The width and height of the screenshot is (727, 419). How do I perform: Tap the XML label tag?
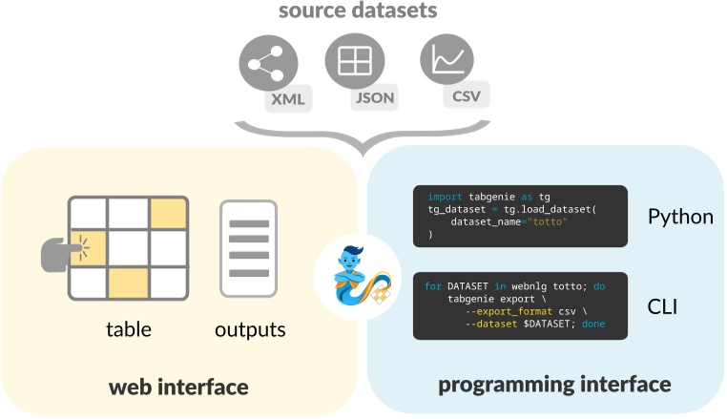click(288, 99)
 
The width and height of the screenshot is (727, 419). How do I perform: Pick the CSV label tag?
click(466, 94)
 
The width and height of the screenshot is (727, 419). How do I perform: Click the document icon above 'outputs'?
click(248, 248)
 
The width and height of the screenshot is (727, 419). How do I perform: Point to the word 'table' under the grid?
click(129, 330)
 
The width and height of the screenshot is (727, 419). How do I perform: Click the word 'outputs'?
click(250, 330)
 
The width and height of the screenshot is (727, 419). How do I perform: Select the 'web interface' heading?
click(178, 387)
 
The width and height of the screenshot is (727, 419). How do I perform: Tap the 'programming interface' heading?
click(554, 385)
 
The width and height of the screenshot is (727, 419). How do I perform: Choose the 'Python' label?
click(680, 217)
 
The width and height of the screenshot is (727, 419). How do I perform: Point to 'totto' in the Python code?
click(550, 221)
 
